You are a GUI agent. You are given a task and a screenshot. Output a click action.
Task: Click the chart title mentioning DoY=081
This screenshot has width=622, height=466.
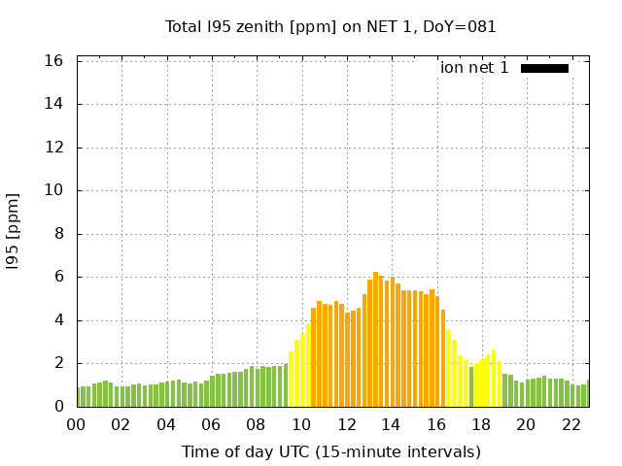[x=330, y=27]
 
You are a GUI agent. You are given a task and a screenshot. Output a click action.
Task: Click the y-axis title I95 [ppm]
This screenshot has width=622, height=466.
[x=14, y=233]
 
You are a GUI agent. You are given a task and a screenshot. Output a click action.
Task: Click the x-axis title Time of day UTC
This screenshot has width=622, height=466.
[x=330, y=451]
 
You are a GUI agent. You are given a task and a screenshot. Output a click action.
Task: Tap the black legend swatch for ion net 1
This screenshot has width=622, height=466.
[x=544, y=68]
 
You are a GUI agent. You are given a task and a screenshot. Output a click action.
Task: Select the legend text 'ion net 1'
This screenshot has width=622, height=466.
[x=474, y=68]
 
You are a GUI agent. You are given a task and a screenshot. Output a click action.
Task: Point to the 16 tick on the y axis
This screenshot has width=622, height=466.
[x=54, y=61]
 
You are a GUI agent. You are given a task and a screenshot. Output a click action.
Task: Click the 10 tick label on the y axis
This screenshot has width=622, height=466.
[x=54, y=190]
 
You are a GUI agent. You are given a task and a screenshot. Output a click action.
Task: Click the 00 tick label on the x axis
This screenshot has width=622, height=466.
[x=77, y=425]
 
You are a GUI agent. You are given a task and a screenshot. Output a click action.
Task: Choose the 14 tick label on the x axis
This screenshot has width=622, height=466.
[x=391, y=425]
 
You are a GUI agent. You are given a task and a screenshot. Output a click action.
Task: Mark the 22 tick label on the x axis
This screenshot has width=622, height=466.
[x=570, y=425]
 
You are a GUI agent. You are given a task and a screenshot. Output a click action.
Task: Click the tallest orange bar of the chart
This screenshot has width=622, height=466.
[x=375, y=340]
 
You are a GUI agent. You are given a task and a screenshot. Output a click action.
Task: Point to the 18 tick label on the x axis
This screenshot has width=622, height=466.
[x=481, y=425]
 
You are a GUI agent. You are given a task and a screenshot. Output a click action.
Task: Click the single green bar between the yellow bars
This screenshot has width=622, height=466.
[x=471, y=387]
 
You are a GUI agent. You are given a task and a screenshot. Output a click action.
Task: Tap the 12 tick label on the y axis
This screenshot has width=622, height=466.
[x=54, y=148]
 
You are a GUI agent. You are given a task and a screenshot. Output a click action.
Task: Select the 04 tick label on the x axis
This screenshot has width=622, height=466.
[x=166, y=425]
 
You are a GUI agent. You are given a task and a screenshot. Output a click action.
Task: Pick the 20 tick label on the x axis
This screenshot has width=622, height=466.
[x=526, y=425]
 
